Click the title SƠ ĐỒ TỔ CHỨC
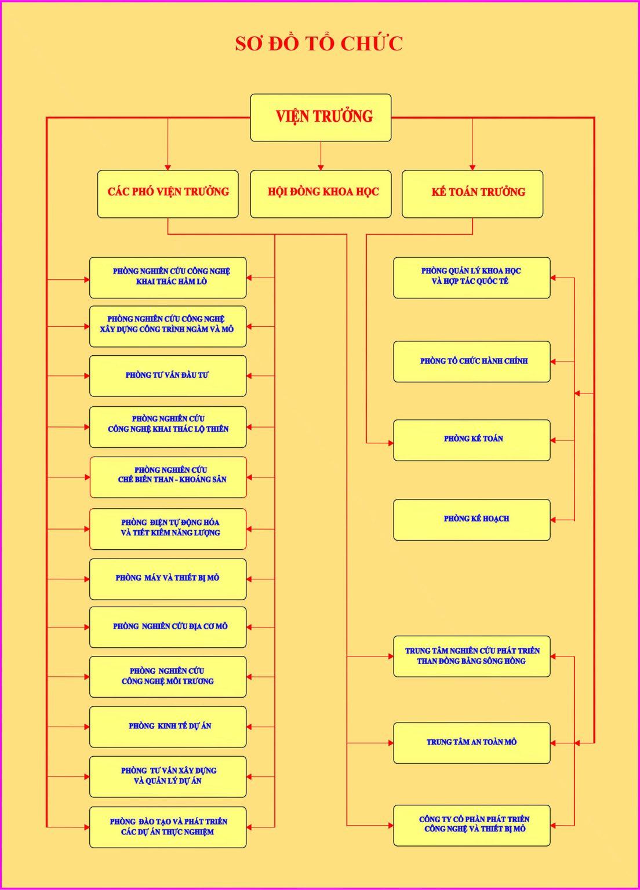click(319, 43)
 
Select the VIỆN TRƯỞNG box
click(321, 117)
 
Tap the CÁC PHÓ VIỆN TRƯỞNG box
click(168, 194)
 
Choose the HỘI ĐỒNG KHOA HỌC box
click(321, 194)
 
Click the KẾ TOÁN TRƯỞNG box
click(472, 194)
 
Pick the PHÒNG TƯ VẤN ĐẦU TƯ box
click(168, 375)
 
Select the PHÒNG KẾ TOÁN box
click(472, 440)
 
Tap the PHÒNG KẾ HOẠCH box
click(472, 520)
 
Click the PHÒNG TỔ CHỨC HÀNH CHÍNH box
click(472, 362)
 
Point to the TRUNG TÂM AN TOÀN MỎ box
click(472, 742)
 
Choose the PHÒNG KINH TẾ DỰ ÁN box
click(168, 726)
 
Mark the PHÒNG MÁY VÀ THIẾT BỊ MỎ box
click(168, 578)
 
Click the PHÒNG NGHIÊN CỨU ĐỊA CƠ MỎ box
click(168, 627)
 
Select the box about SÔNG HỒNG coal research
click(472, 656)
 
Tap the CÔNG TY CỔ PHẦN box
click(472, 825)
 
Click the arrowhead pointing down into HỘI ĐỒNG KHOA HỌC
click(321, 167)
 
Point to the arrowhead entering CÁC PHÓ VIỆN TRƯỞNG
click(168, 167)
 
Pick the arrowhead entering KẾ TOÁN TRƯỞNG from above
click(472, 167)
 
